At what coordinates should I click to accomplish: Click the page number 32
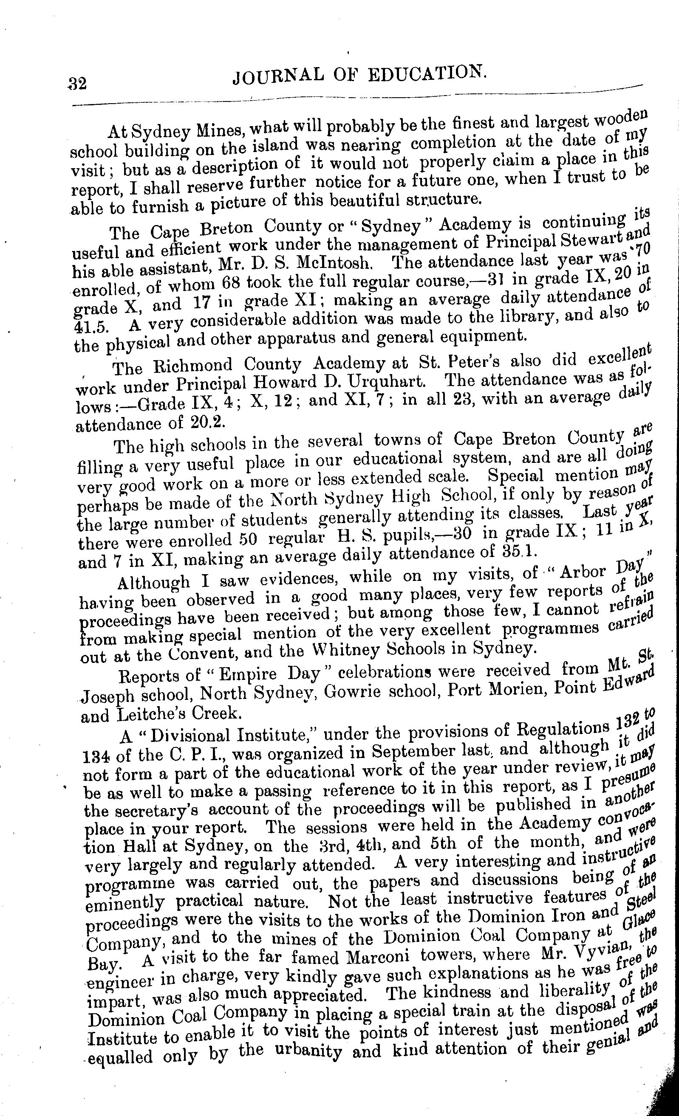tap(77, 84)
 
